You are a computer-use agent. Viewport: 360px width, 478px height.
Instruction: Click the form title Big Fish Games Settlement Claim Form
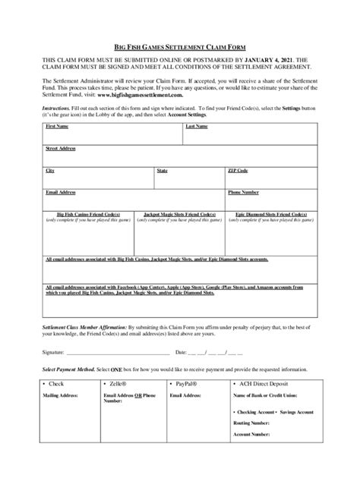[179, 46]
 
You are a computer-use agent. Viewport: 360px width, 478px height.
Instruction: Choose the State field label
[163, 171]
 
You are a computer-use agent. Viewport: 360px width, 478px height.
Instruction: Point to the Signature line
[118, 352]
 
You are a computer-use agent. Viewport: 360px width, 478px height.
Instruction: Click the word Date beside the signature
[181, 352]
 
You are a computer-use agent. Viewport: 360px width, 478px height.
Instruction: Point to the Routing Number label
[254, 423]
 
